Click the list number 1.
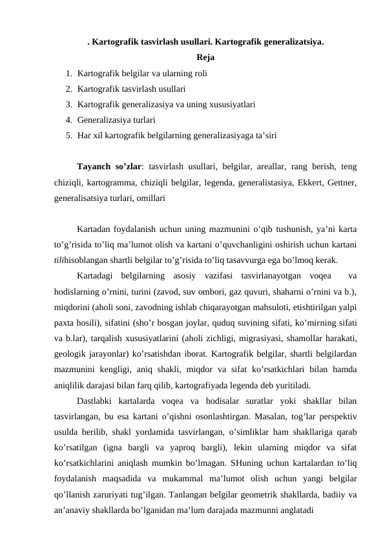[67, 74]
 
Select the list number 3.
[67, 104]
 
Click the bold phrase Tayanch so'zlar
[108, 167]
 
